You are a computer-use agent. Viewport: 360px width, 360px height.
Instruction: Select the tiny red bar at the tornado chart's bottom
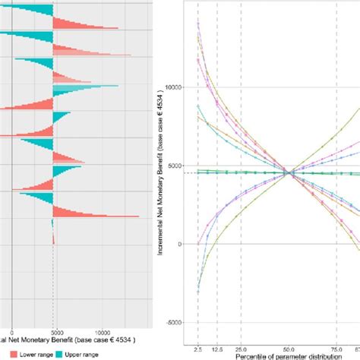coord(53,240)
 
